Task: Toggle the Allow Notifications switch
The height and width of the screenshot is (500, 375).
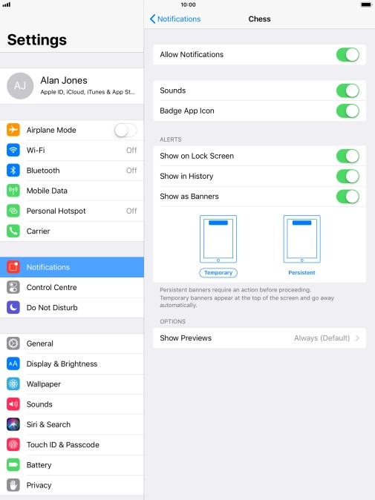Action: pos(348,55)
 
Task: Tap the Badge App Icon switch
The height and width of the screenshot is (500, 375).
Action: pos(348,111)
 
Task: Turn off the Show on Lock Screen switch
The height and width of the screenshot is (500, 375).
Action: pos(348,156)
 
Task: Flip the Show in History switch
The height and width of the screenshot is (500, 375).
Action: pos(348,177)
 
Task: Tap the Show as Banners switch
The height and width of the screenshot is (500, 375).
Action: pos(348,197)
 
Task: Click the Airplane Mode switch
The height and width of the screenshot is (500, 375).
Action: pos(125,130)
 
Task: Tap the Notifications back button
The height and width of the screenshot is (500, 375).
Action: pos(175,19)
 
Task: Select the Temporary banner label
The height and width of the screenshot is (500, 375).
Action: pos(218,273)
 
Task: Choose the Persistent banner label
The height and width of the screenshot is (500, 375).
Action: pos(301,273)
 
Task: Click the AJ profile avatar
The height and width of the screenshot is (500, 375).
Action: pos(20,86)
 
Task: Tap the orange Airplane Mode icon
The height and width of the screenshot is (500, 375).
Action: pos(13,130)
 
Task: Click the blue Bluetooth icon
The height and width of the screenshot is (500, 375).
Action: pos(13,171)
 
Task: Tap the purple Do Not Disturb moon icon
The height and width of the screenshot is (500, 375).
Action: pos(13,307)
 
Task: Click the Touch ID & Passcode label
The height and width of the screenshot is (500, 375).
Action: pos(63,444)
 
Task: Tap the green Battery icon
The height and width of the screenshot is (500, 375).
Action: pos(13,465)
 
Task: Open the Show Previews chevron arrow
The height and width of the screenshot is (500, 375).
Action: pos(357,338)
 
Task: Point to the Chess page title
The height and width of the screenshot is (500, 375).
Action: pos(259,19)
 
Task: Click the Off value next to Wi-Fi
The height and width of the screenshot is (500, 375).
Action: pos(131,150)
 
